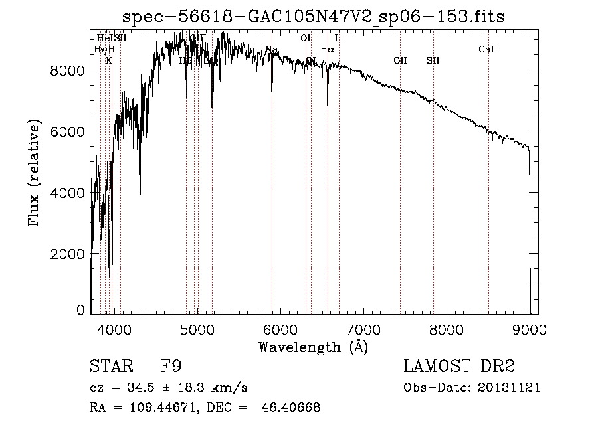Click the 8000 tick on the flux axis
click(68, 70)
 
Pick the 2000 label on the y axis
click(68, 254)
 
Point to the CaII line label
click(488, 49)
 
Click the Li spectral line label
click(339, 38)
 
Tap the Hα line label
click(327, 49)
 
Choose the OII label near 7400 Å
click(400, 60)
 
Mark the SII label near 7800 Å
click(433, 60)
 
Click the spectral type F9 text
click(171, 367)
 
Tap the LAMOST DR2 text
click(459, 367)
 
